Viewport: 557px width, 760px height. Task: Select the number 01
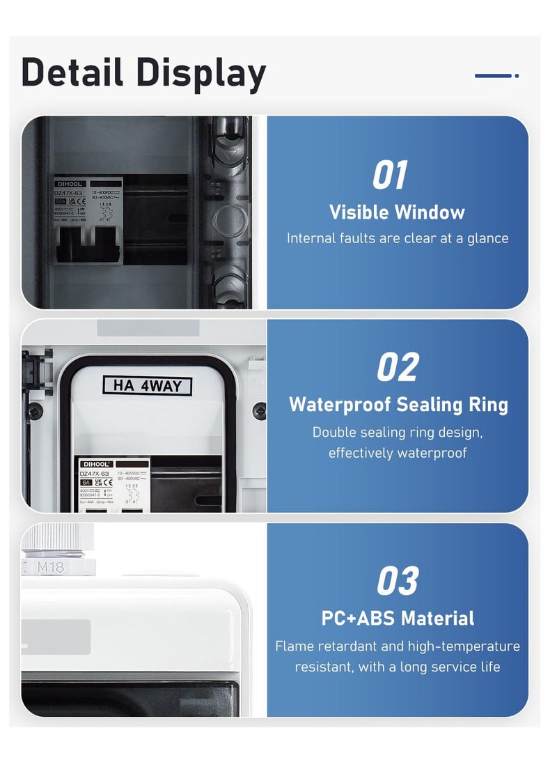[389, 175]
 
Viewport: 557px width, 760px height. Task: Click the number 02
[398, 367]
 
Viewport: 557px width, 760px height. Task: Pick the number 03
[398, 581]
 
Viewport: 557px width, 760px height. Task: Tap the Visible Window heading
[397, 212]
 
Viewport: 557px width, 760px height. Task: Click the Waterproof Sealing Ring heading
[398, 404]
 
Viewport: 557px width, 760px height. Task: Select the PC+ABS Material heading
[398, 618]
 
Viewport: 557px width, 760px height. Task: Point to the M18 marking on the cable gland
[50, 567]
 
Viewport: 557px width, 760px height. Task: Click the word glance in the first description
[487, 238]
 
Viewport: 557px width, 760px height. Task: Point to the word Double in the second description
[334, 432]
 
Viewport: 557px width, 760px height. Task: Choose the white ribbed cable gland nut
[53, 538]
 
